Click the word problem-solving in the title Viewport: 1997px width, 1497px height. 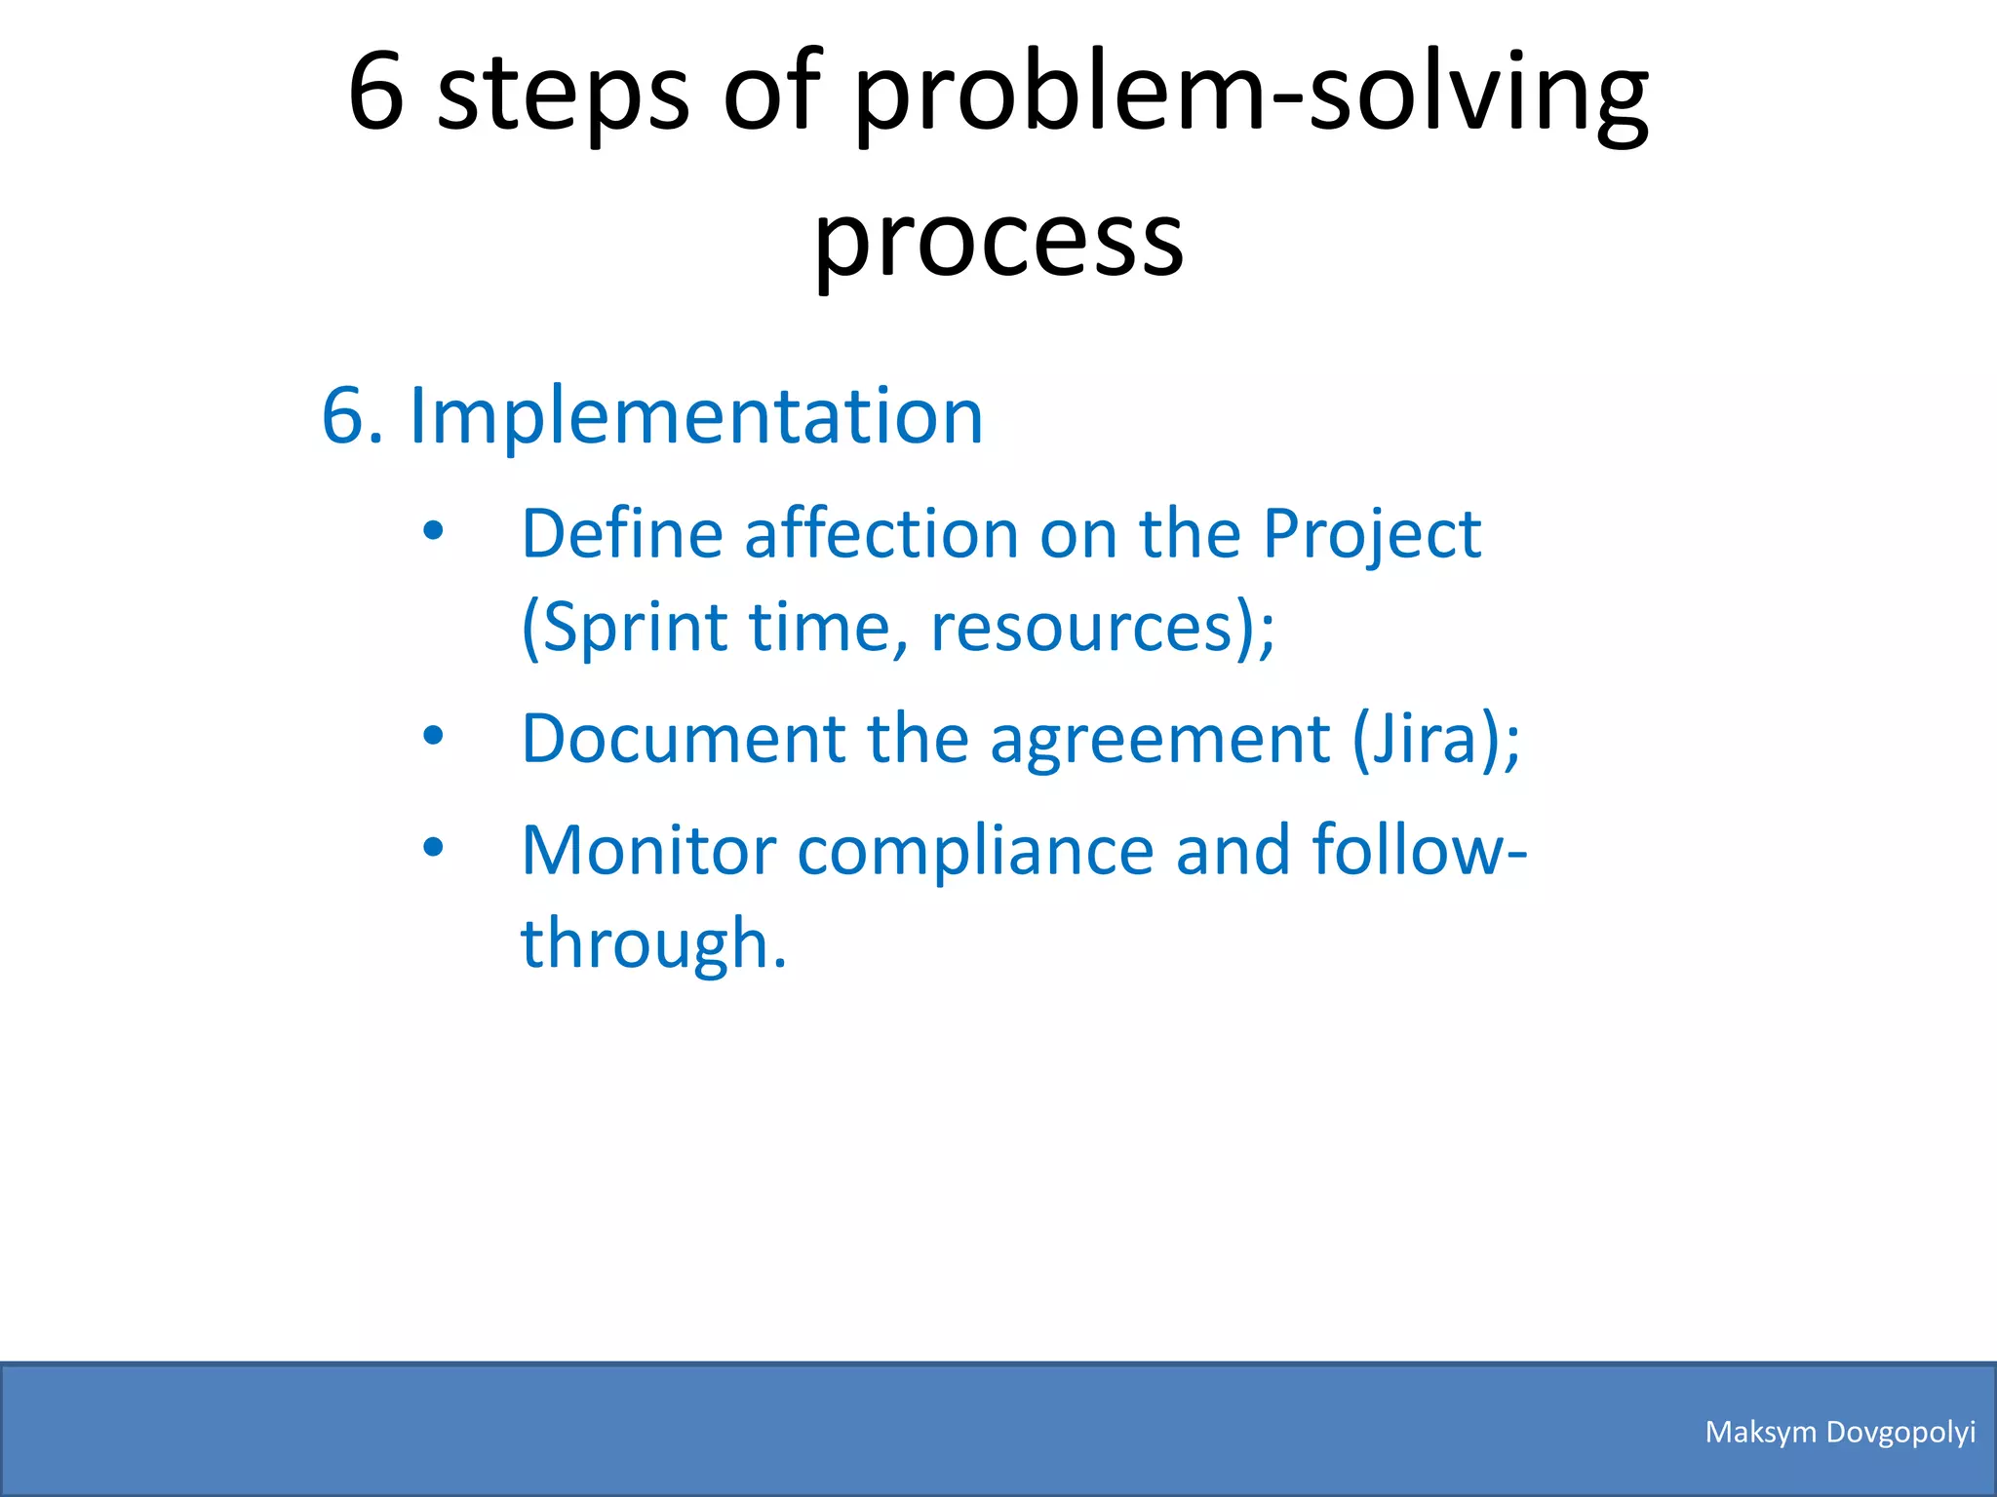pos(1252,96)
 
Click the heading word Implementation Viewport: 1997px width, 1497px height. pos(695,416)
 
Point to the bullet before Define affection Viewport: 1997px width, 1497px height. pos(433,531)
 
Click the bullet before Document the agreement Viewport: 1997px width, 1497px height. pos(433,736)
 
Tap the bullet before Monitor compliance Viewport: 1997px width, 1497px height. pos(433,848)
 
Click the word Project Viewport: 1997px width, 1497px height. pos(1371,536)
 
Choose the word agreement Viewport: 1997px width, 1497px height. pos(1159,740)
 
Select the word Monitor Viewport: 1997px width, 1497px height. pos(647,850)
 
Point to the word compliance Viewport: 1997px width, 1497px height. pos(974,852)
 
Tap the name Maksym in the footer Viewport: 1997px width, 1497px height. pos(1760,1433)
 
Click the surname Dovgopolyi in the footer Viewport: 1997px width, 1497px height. pos(1900,1433)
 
